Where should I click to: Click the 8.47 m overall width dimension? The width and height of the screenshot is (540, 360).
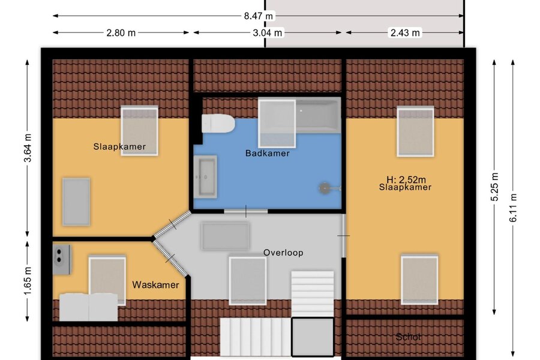(258, 16)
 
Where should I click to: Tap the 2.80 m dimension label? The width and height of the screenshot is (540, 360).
(121, 33)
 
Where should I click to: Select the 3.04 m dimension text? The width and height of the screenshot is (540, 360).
(267, 33)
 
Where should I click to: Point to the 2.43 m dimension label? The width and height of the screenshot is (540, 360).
(405, 33)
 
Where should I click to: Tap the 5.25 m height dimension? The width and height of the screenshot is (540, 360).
(494, 187)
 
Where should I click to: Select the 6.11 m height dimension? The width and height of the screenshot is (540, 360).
(513, 208)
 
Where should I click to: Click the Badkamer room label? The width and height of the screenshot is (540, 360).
(267, 154)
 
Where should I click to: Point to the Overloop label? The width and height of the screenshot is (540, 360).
(283, 253)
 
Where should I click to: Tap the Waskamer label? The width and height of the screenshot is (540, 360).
(155, 285)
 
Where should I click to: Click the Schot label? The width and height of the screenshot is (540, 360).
(408, 337)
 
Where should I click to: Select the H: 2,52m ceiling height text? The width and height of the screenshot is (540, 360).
(406, 179)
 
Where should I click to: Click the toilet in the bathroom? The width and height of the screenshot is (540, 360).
(218, 124)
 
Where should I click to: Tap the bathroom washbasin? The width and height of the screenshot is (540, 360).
(205, 177)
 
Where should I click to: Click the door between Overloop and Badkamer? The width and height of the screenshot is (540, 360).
(246, 211)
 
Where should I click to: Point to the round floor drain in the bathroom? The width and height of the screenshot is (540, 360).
(324, 188)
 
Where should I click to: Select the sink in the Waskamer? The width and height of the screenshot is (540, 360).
(61, 260)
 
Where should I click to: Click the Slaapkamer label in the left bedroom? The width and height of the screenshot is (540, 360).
(119, 146)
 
